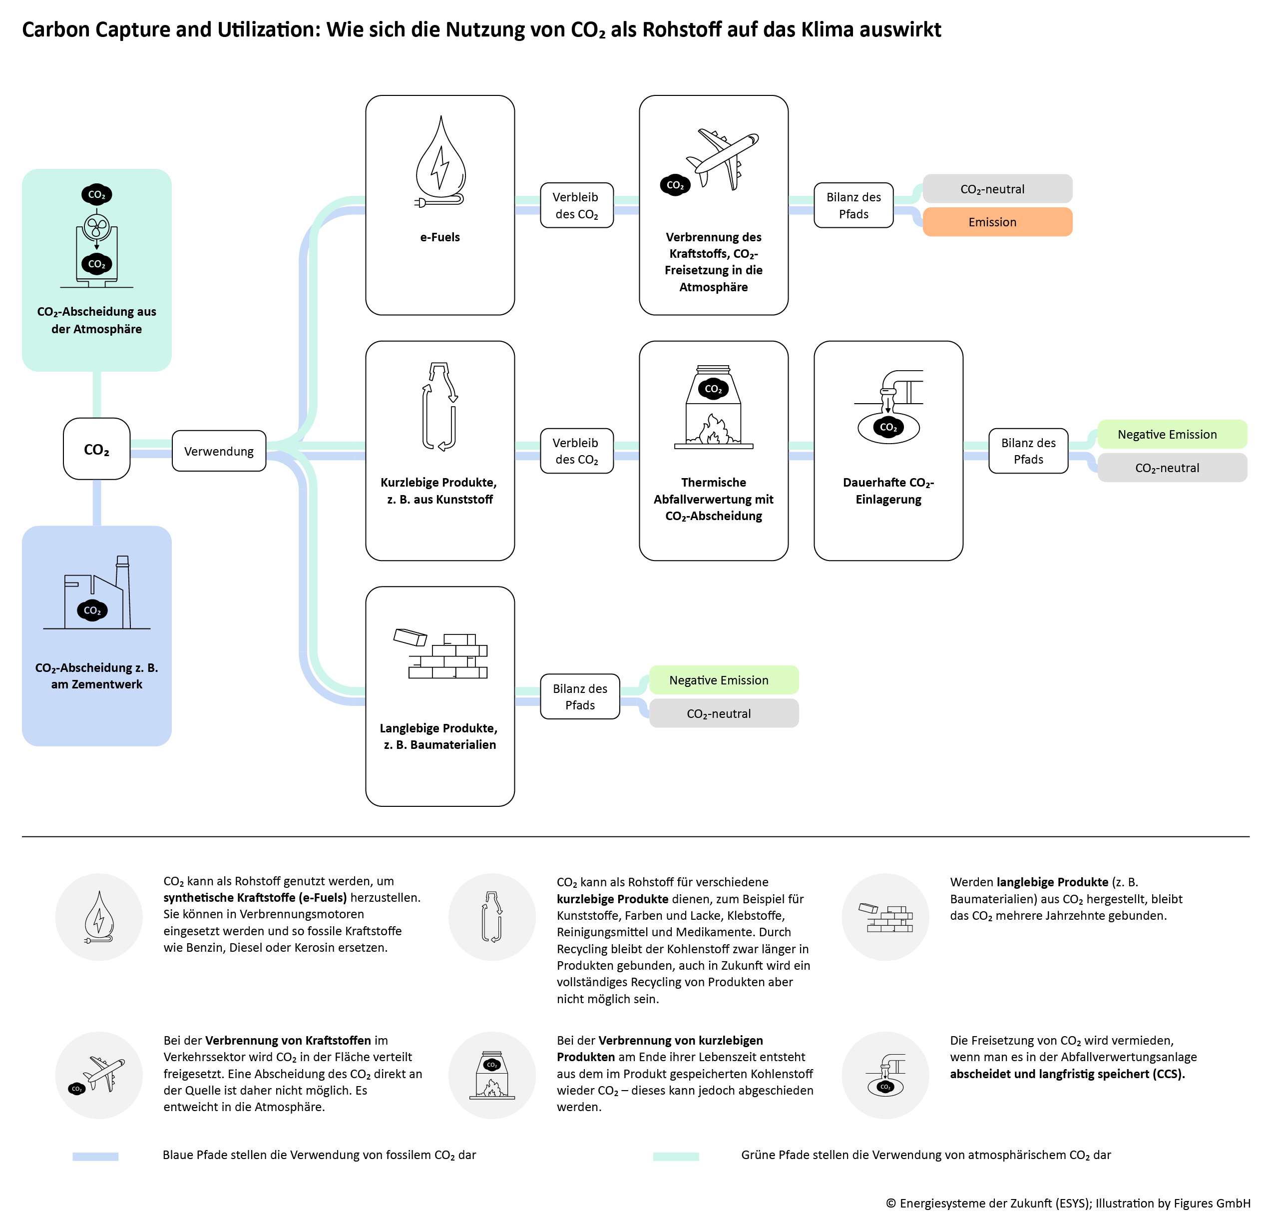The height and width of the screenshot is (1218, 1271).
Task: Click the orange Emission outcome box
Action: click(x=997, y=222)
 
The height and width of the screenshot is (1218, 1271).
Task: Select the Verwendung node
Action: click(x=219, y=451)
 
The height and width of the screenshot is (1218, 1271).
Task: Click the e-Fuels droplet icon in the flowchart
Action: click(x=440, y=161)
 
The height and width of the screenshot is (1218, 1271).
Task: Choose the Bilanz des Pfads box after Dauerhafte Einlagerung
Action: click(x=1028, y=451)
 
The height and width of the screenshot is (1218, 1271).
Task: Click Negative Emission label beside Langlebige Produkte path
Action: click(x=724, y=680)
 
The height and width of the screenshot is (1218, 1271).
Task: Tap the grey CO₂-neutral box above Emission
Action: click(x=997, y=189)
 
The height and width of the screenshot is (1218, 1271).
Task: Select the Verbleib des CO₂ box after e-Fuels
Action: click(x=576, y=205)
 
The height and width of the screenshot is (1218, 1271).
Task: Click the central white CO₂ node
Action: click(x=96, y=449)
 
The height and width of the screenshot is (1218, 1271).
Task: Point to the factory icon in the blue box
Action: click(x=96, y=592)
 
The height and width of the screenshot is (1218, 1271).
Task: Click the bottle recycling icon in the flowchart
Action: click(x=440, y=406)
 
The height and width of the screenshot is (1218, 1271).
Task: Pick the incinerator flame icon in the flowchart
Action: click(x=713, y=407)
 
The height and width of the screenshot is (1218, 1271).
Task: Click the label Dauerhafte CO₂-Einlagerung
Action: click(x=888, y=490)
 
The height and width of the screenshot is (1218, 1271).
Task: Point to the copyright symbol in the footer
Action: click(x=891, y=1203)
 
